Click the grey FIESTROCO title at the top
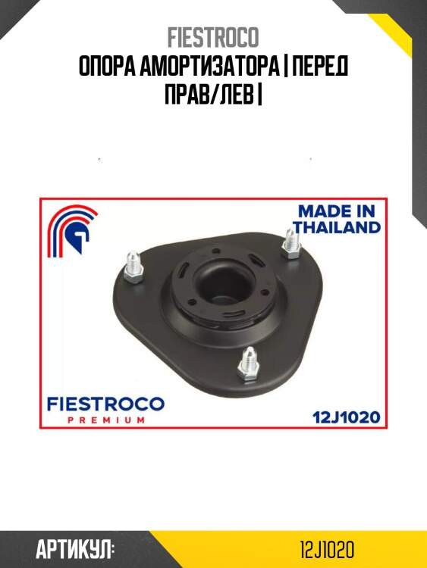(x=213, y=37)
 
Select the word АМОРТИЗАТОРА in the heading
(x=210, y=67)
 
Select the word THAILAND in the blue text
(x=338, y=227)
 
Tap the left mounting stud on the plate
(x=133, y=267)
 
